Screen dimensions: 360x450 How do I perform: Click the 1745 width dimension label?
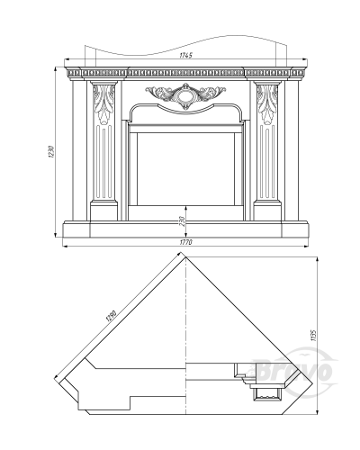pos(185,55)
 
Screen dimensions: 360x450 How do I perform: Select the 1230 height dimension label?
pos(51,152)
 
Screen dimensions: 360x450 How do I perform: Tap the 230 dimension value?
pos(184,221)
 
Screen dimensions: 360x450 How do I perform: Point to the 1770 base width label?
pos(185,242)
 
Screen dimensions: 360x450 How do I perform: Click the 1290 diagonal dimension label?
pos(111,316)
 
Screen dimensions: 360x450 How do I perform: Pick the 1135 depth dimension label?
pos(314,336)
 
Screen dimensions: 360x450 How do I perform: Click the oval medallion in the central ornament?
pos(185,95)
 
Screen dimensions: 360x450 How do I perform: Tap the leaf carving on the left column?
pos(103,104)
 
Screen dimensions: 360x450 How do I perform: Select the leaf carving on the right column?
pos(267,104)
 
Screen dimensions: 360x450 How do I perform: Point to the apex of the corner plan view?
pos(186,256)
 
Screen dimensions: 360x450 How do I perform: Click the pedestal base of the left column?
pos(103,211)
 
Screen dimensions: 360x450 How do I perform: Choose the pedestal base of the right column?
pos(267,211)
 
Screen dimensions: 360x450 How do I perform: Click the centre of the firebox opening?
pos(185,168)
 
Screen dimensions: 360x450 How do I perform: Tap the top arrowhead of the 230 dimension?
pos(186,208)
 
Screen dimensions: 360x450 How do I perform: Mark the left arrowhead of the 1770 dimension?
pos(65,247)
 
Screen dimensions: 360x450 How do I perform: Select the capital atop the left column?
pos(103,83)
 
